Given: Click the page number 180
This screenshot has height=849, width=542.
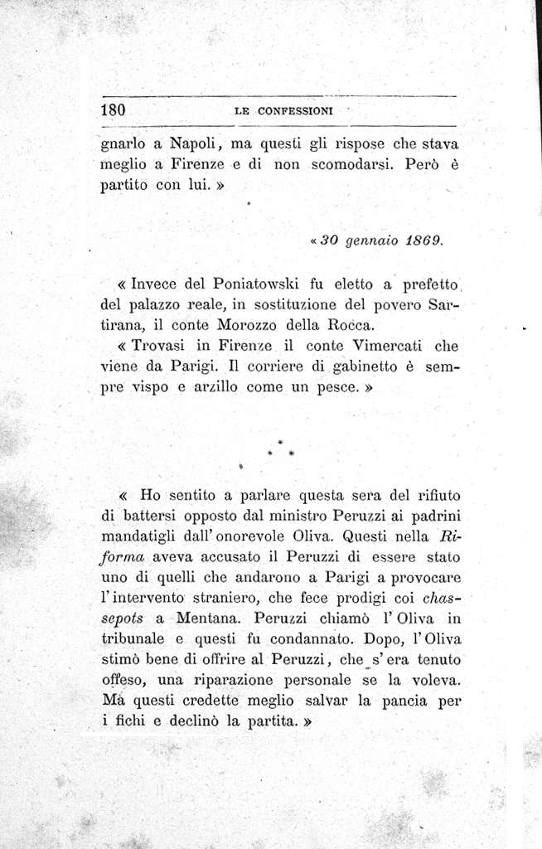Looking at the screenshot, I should click(x=113, y=109).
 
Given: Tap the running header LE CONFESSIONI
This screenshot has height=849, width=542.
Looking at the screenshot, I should click(x=283, y=110).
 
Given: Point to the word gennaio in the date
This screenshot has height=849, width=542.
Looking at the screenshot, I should click(x=365, y=242).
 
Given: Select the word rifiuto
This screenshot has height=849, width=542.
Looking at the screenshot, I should click(x=429, y=496).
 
